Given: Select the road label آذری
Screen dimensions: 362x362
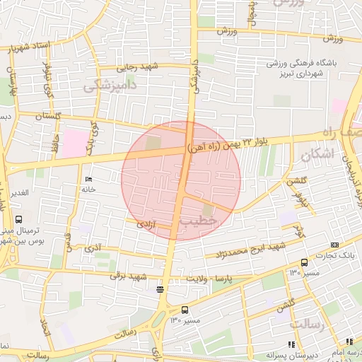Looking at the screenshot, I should [x=93, y=248].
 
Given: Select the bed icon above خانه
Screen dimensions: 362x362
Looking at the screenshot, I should [x=88, y=179].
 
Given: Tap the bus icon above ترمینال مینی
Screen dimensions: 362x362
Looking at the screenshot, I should [x=18, y=220].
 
